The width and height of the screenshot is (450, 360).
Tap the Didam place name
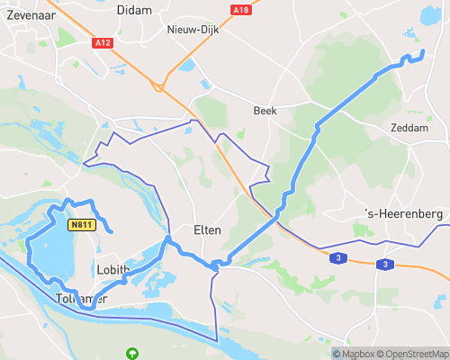pos(135,9)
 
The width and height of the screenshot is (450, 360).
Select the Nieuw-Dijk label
pos(189,30)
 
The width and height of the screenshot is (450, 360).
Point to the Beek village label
pos(265,111)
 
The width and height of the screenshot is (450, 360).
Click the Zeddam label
pos(409,128)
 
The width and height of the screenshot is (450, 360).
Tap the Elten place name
pos(208,229)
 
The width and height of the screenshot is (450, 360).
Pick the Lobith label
pos(112,269)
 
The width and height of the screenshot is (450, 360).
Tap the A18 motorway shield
pos(239,10)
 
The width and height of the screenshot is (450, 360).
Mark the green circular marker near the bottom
pos(133,352)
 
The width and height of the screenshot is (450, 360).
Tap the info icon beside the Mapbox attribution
pos(337,353)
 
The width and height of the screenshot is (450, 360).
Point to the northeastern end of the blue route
pos(422,54)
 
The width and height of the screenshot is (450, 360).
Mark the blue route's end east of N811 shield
pos(111,232)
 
